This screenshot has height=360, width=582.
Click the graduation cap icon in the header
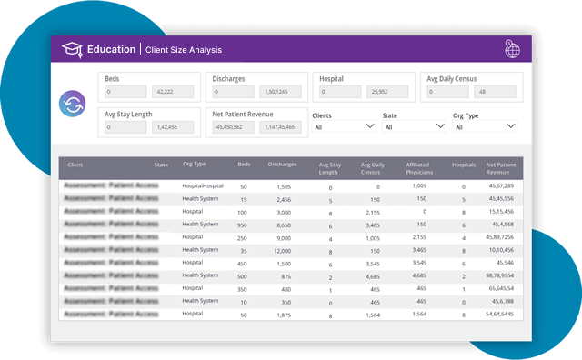pos(71,49)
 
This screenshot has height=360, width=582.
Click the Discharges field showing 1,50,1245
pos(282,92)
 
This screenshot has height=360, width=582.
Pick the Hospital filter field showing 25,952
pos(388,92)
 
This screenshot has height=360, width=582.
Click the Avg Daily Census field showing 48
pos(497,92)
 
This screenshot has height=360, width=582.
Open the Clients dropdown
pos(343,127)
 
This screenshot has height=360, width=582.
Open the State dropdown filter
pos(414,127)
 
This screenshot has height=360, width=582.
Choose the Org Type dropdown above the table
pos(485,127)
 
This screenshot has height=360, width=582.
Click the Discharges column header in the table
pos(283,165)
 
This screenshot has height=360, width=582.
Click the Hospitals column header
pos(464,165)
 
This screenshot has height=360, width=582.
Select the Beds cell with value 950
pos(243,224)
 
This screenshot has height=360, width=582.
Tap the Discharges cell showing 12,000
pos(283,249)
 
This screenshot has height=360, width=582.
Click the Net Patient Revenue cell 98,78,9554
pos(500,275)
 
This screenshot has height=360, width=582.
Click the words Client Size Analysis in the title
pos(184,49)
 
